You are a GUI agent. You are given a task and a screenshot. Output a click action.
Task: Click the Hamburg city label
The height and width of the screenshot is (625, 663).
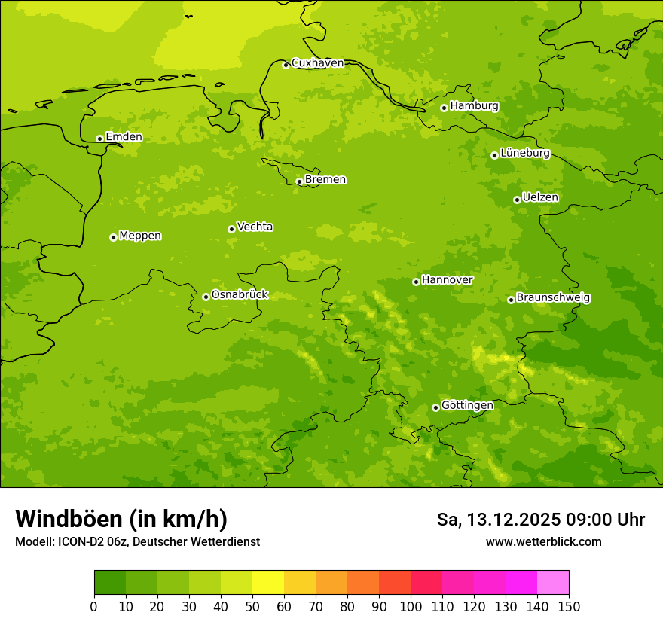(x=474, y=106)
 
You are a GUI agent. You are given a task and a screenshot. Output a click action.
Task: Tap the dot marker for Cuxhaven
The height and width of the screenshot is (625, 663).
(x=286, y=65)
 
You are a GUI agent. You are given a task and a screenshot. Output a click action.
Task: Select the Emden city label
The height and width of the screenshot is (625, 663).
(x=124, y=137)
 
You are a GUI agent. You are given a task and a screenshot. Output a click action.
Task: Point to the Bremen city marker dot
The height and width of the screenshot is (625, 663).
(x=299, y=181)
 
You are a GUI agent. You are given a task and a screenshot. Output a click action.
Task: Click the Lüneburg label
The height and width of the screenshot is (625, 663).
(x=525, y=153)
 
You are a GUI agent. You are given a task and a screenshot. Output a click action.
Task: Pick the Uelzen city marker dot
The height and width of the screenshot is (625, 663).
(x=517, y=200)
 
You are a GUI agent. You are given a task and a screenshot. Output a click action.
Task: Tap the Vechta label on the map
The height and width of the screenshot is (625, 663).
(x=255, y=227)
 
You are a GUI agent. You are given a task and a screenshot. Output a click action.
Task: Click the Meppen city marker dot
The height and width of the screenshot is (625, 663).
(x=113, y=237)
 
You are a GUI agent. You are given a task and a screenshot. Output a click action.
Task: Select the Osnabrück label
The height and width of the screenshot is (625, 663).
(x=240, y=294)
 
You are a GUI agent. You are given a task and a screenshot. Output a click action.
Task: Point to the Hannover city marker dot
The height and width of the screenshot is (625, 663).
(x=416, y=282)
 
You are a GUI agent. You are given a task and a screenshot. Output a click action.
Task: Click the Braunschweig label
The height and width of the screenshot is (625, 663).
(x=553, y=298)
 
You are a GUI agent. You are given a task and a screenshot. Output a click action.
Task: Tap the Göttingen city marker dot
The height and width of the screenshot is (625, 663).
(x=435, y=407)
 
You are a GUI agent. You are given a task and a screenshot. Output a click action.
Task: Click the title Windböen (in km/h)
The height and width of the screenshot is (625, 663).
(x=121, y=519)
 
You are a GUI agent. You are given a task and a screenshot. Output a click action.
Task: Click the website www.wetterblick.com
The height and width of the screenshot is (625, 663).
(x=543, y=541)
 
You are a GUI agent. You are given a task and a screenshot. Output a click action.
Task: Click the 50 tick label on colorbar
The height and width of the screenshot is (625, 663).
(x=252, y=606)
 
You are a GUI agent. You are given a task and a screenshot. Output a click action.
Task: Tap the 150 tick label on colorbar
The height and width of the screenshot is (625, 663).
(x=568, y=606)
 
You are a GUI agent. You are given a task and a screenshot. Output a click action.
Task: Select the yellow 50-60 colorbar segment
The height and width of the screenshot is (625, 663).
(x=268, y=583)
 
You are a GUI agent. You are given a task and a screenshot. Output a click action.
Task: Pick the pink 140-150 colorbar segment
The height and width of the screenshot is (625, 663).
(x=553, y=583)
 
